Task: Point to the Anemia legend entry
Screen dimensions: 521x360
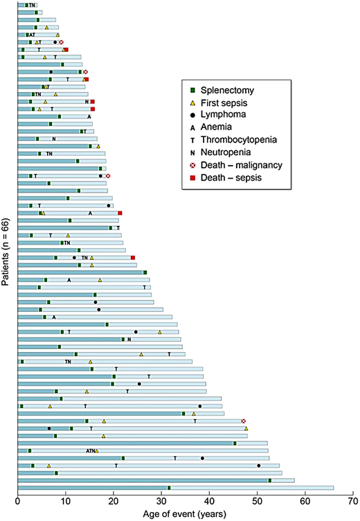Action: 213,128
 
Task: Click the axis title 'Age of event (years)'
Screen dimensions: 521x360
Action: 185,514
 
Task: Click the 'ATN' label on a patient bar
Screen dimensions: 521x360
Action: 91,450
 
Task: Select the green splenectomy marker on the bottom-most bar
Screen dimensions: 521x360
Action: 169,488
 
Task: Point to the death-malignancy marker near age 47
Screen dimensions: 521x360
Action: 243,421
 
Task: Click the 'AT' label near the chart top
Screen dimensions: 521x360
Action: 32,34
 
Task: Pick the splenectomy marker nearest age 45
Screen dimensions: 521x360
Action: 234,443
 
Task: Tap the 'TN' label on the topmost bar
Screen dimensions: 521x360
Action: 32,5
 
